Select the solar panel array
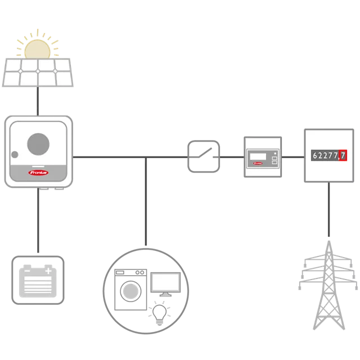click(38, 73)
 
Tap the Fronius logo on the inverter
click(38, 173)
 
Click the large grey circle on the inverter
click(38, 144)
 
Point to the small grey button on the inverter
click(15, 155)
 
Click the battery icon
click(38, 280)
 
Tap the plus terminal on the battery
click(48, 271)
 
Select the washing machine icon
click(130, 290)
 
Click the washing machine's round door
click(130, 291)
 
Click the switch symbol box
click(204, 156)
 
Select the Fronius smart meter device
click(263, 157)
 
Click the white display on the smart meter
click(258, 156)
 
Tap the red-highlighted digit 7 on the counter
click(343, 155)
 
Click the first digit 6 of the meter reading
click(315, 155)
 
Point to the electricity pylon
click(328, 285)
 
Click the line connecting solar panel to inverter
click(38, 101)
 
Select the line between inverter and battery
click(38, 220)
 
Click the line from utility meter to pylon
click(328, 209)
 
